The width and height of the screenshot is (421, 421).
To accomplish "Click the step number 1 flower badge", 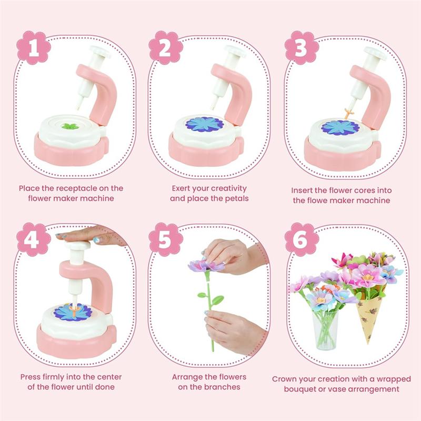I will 34,48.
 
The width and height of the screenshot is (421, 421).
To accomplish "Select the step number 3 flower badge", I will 302,48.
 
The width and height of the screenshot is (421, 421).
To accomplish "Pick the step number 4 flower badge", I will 34,239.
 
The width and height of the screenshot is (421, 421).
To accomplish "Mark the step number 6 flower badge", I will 302,239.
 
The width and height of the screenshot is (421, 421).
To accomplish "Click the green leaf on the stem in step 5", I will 217,300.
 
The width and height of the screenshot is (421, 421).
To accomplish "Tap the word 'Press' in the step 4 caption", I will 31,377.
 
